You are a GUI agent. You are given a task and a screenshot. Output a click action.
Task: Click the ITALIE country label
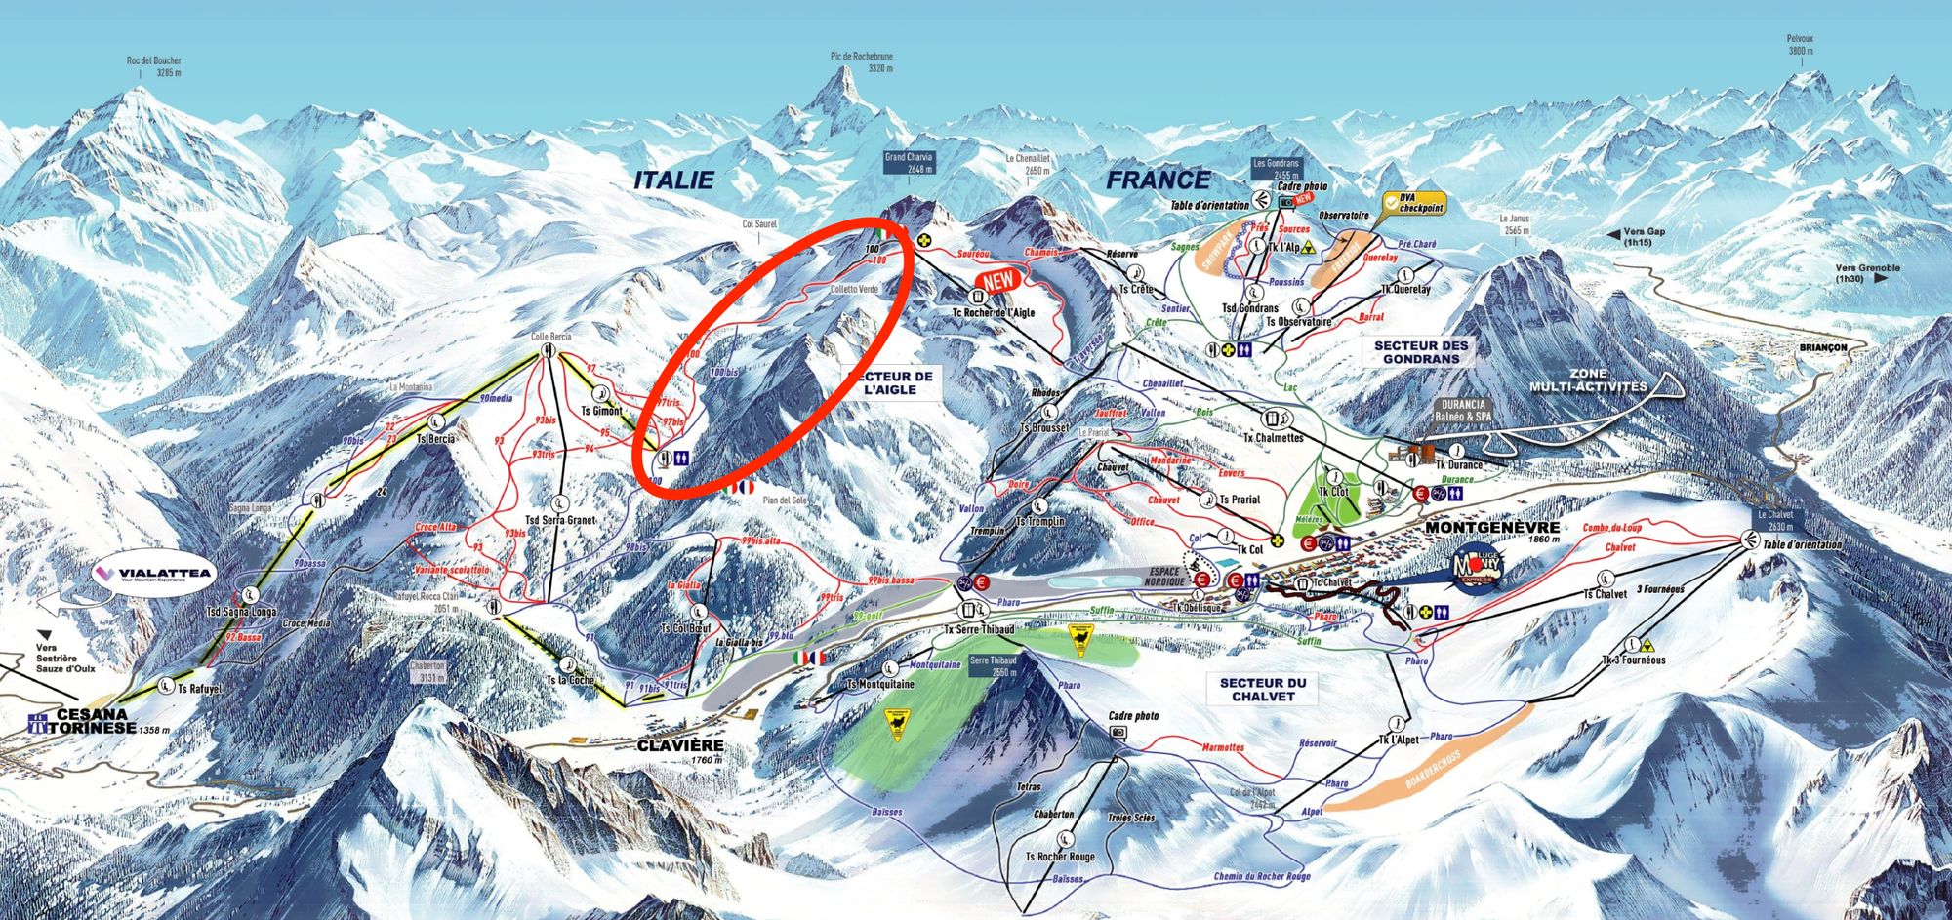pyautogui.click(x=673, y=180)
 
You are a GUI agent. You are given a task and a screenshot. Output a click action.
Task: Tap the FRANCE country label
pyautogui.click(x=1158, y=180)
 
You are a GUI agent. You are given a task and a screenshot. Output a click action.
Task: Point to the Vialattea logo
pyautogui.click(x=153, y=574)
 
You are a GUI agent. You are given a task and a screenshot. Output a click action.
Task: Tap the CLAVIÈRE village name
pyautogui.click(x=680, y=745)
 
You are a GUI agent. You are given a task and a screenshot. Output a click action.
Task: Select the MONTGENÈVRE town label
pyautogui.click(x=1492, y=527)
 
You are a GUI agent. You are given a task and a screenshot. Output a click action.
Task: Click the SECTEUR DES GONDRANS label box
pyautogui.click(x=1420, y=352)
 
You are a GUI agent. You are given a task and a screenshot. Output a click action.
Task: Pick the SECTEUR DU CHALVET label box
pyautogui.click(x=1262, y=690)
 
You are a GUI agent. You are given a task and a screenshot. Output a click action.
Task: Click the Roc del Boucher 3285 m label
pyautogui.click(x=153, y=66)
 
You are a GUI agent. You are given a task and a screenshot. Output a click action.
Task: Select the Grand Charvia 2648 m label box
pyautogui.click(x=908, y=162)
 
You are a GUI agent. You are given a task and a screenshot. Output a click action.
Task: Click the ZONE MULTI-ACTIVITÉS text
pyautogui.click(x=1588, y=380)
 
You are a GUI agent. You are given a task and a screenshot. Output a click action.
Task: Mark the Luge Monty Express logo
pyautogui.click(x=1476, y=567)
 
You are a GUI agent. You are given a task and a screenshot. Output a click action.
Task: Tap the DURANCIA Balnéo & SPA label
pyautogui.click(x=1462, y=410)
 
